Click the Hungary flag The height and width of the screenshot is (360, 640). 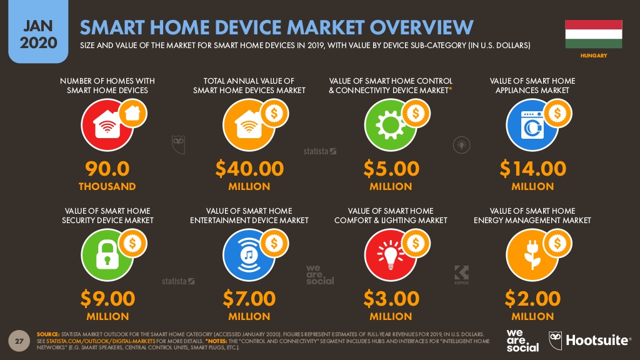pyautogui.click(x=594, y=34)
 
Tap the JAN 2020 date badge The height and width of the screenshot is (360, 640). pyautogui.click(x=38, y=31)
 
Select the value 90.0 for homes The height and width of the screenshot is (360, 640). pyautogui.click(x=107, y=169)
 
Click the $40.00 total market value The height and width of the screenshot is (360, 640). pyautogui.click(x=249, y=169)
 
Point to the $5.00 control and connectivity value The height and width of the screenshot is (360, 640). pyautogui.click(x=391, y=169)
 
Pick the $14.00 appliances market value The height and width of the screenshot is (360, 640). pyautogui.click(x=532, y=169)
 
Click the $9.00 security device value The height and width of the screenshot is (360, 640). pyautogui.click(x=107, y=298)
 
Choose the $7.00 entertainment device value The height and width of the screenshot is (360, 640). pyautogui.click(x=249, y=298)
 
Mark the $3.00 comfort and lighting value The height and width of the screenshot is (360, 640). pyautogui.click(x=391, y=298)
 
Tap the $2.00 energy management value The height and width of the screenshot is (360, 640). pyautogui.click(x=532, y=298)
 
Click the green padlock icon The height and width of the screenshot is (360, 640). pyautogui.click(x=107, y=255)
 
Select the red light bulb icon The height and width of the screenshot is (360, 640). pyautogui.click(x=390, y=255)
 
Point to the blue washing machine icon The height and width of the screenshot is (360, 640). pyautogui.click(x=532, y=125)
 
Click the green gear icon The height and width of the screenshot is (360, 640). pyautogui.click(x=390, y=125)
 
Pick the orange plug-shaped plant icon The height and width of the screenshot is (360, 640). pyautogui.click(x=532, y=255)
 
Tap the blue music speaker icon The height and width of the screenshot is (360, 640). pyautogui.click(x=249, y=255)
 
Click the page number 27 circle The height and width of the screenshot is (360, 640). pyautogui.click(x=19, y=341)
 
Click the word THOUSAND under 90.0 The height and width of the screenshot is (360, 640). pyautogui.click(x=107, y=186)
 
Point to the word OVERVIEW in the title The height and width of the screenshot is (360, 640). pyautogui.click(x=421, y=27)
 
